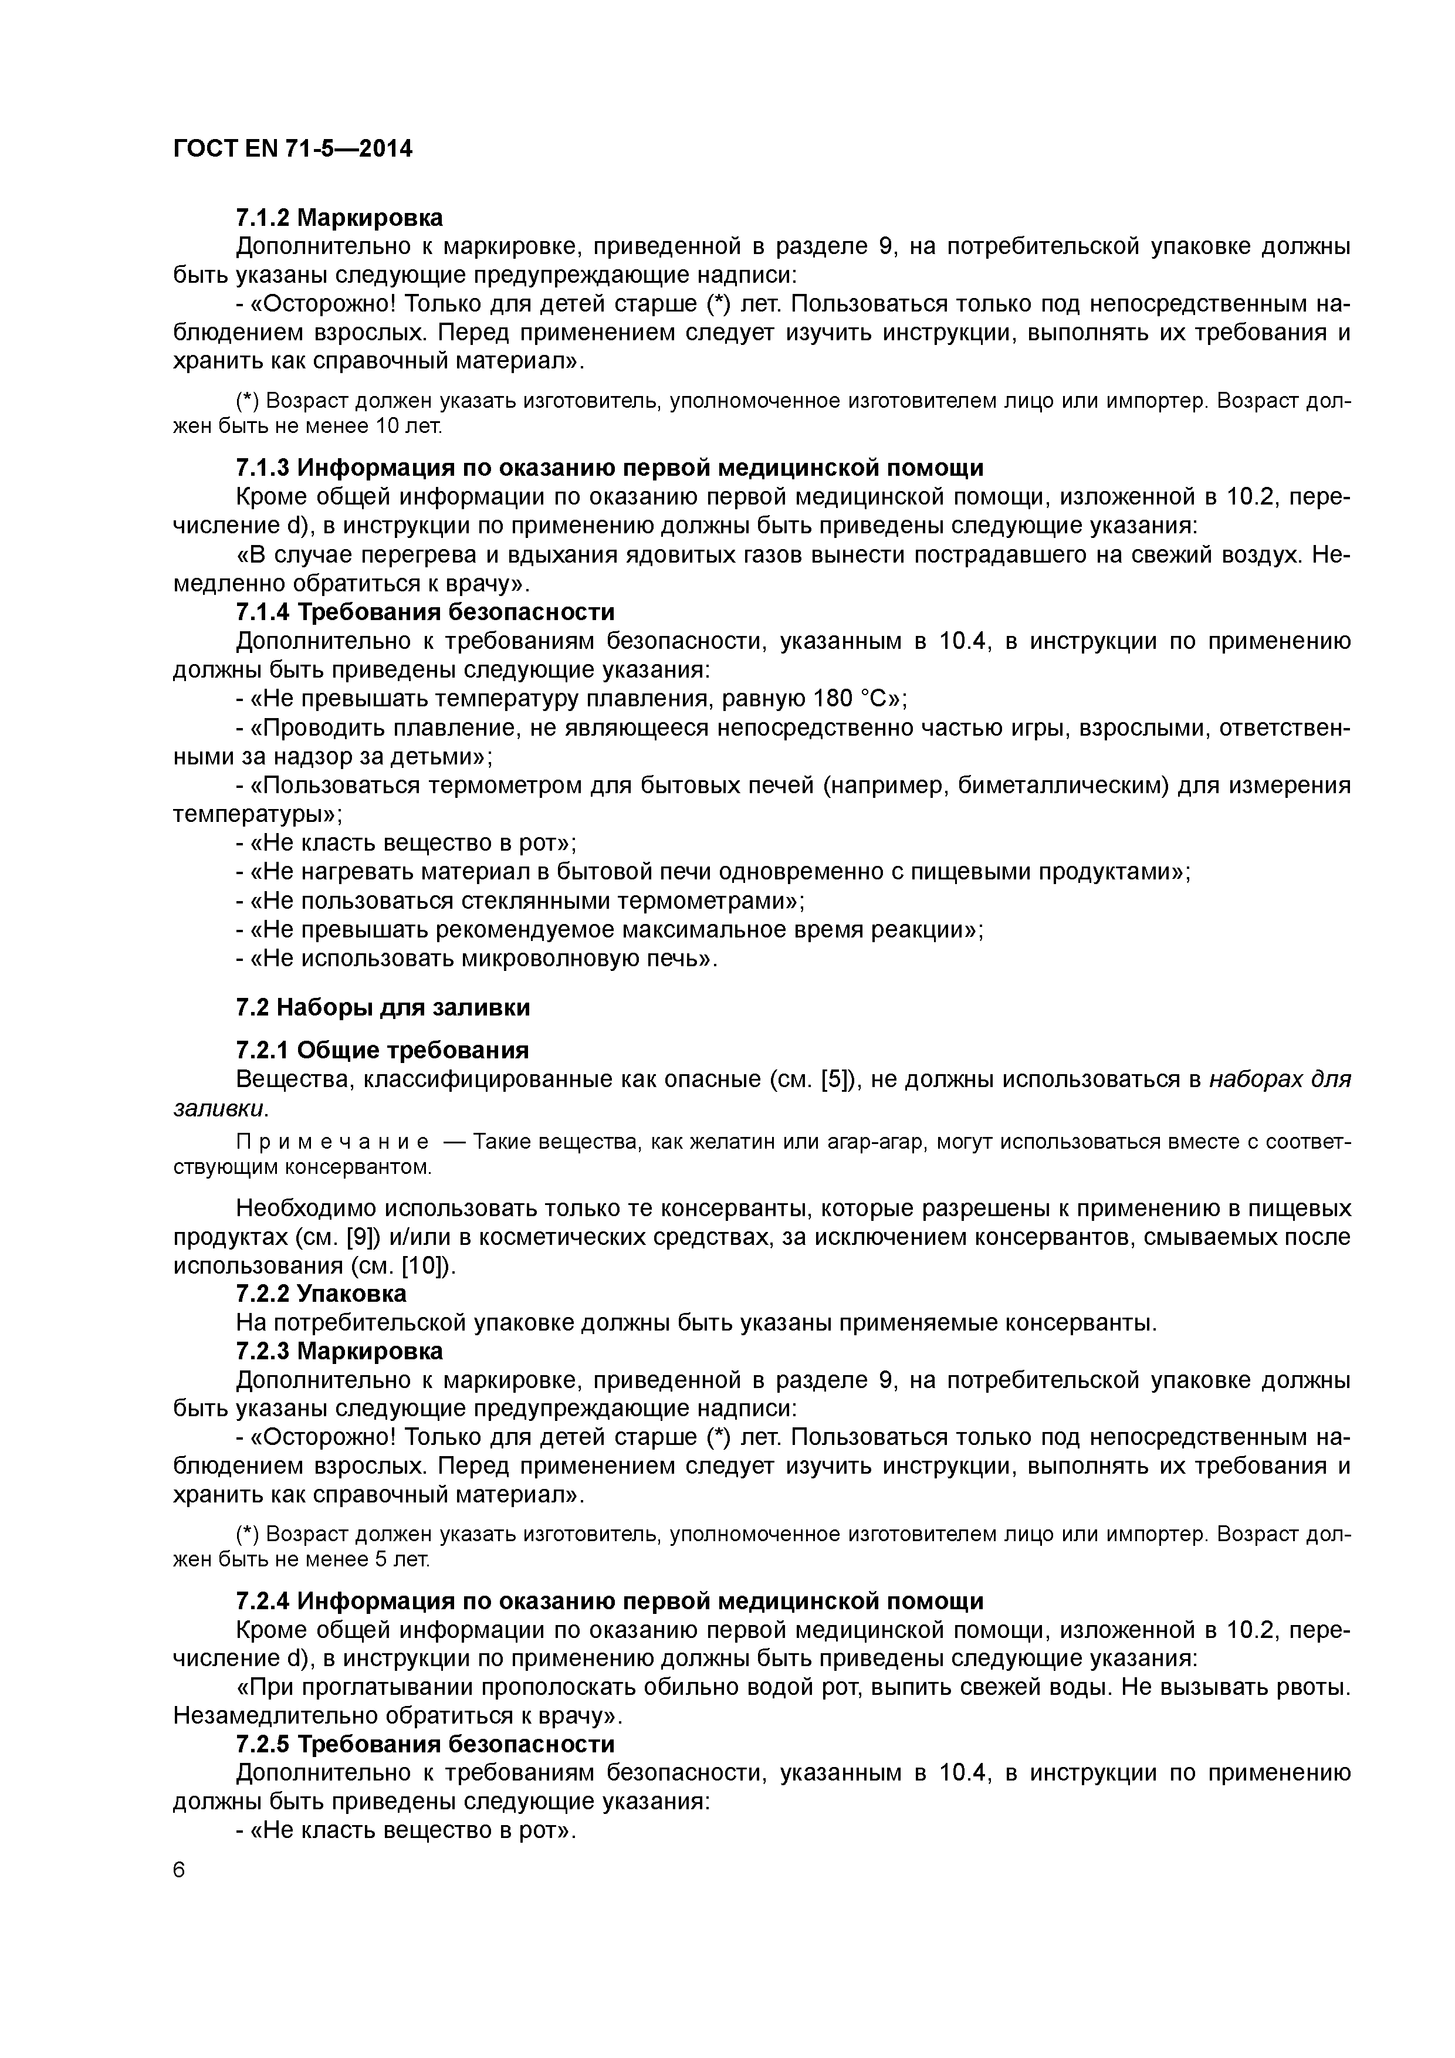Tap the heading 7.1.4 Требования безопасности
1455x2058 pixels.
click(x=425, y=612)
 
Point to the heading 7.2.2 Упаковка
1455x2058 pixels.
click(x=321, y=1294)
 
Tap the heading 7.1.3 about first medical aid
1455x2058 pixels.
click(x=610, y=468)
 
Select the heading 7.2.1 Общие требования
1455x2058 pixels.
click(x=382, y=1050)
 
